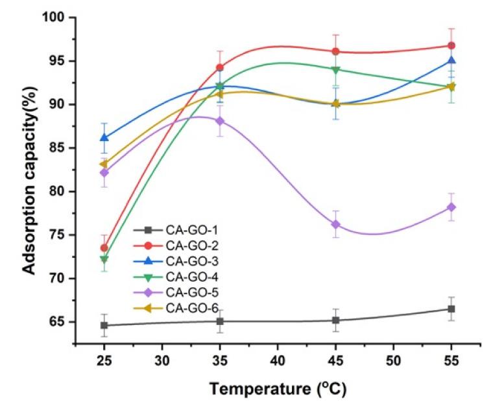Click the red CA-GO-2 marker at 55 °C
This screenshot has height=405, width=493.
coord(451,46)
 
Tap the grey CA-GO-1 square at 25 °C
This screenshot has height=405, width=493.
coord(104,325)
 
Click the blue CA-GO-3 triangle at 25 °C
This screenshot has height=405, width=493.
coord(104,137)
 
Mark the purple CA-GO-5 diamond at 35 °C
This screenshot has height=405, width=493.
coord(220,121)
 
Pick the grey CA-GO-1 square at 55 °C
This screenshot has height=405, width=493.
coord(451,309)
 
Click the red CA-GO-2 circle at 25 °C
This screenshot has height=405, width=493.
coord(104,248)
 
